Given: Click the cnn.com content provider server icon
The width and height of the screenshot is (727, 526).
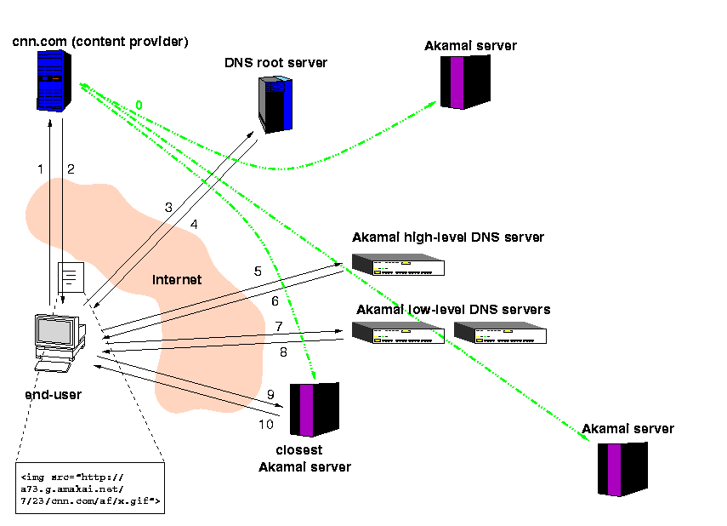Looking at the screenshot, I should tap(53, 80).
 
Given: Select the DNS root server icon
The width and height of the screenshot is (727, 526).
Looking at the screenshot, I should tap(275, 102).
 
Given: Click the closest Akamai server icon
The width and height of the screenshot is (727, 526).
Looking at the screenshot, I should tap(314, 409).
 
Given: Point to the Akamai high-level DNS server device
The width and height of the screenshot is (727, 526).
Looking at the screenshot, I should tap(399, 266).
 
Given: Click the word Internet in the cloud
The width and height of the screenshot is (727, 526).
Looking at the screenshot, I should tap(176, 279).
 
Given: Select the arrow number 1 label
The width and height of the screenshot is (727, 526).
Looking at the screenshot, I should tap(40, 169).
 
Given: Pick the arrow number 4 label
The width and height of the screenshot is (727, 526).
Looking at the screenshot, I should tap(194, 225).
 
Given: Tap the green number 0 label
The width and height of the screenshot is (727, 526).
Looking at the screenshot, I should tap(139, 105).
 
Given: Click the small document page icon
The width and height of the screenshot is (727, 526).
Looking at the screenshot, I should tap(71, 277).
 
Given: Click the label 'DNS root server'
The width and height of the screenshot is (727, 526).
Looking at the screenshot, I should tap(275, 63).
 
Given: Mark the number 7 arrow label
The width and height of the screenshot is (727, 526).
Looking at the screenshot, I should tap(279, 327).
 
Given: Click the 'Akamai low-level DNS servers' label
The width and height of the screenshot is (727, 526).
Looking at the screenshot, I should tap(452, 309).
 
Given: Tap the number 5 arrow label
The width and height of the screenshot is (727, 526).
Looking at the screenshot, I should tap(258, 272).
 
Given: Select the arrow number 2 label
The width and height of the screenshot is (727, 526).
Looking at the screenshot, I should tap(71, 169).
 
